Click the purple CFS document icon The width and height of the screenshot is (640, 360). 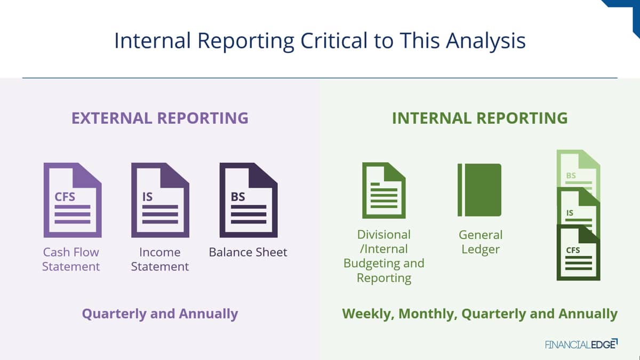tap(73, 200)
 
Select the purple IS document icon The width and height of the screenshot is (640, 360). tap(161, 200)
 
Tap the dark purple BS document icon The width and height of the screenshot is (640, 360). tap(249, 200)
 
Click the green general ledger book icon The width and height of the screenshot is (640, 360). tap(479, 190)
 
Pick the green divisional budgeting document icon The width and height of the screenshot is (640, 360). tap(383, 190)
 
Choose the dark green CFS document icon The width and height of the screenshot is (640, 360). tap(578, 253)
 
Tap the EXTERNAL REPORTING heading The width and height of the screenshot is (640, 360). tap(160, 118)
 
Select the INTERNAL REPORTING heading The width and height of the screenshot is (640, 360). tap(480, 118)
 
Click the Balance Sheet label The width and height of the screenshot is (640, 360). tap(248, 252)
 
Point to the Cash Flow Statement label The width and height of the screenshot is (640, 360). tap(71, 259)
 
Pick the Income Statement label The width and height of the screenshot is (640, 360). tap(160, 259)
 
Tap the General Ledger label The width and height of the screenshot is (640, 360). tap(481, 242)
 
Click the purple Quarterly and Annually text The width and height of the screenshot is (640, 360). tap(160, 314)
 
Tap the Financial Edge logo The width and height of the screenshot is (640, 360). tap(581, 344)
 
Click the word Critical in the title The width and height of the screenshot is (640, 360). tap(334, 41)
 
